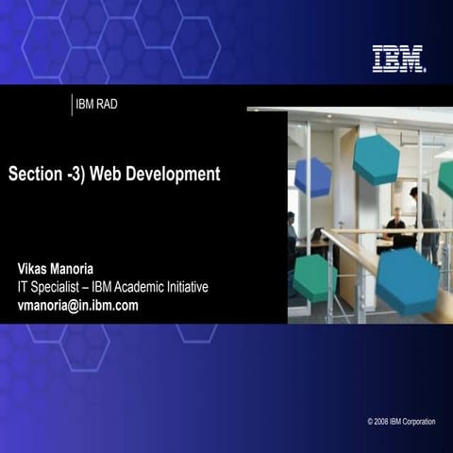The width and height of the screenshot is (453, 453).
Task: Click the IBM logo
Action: click(398, 59)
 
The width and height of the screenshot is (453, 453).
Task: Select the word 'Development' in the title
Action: click(175, 175)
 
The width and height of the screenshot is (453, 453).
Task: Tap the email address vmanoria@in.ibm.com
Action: click(78, 305)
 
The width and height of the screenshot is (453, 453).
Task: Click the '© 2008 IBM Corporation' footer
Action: click(401, 421)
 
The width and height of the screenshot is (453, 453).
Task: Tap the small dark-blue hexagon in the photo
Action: click(312, 176)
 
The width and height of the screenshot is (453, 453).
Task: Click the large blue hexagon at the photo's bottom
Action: click(408, 280)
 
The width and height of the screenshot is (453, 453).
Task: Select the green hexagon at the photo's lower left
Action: click(315, 277)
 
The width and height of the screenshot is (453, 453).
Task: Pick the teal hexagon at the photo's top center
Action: click(377, 159)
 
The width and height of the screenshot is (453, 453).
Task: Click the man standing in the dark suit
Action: click(421, 217)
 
